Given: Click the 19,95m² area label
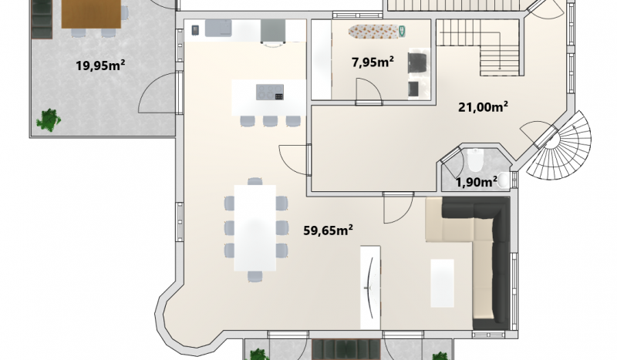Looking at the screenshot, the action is (x=100, y=66).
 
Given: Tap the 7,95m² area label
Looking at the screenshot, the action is (x=373, y=62).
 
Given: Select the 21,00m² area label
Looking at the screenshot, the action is (x=483, y=106).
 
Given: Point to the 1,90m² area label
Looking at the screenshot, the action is (x=476, y=182).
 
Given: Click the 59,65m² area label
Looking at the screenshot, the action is (x=328, y=230).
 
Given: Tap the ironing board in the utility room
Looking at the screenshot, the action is (x=377, y=32).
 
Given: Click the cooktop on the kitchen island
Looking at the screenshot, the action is (x=270, y=93).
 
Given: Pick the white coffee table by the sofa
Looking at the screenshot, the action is (x=442, y=283).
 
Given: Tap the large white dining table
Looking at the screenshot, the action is (x=255, y=228).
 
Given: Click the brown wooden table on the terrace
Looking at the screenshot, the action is (x=91, y=14).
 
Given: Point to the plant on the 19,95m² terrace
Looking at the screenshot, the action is (x=49, y=119).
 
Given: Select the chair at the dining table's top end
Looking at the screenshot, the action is (x=255, y=181).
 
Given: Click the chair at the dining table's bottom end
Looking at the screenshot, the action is (x=255, y=276).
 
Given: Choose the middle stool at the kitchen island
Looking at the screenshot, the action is (x=271, y=121).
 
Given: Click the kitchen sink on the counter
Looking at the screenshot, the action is (x=218, y=28).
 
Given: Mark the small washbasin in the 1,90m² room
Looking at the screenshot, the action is (x=504, y=180).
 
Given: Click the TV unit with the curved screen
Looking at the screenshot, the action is (x=371, y=288).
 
